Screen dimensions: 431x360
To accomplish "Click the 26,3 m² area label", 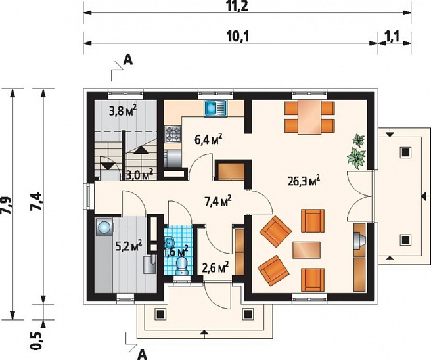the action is tap(304, 181).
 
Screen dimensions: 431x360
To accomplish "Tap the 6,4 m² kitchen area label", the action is tap(209, 139).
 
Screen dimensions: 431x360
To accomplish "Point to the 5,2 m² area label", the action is tap(129, 245).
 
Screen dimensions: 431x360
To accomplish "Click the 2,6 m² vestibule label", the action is tap(215, 267).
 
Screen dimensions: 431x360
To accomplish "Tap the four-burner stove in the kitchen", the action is tap(173, 134).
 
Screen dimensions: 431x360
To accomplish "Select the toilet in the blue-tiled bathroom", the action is tap(182, 265).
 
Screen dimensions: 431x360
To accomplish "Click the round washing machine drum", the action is tap(104, 227).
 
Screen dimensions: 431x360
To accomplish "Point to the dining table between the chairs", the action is tap(310, 117).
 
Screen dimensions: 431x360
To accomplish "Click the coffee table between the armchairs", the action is tap(306, 250).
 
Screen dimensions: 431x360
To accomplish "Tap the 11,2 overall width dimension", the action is tap(238, 6).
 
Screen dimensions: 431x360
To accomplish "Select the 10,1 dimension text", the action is tap(238, 36).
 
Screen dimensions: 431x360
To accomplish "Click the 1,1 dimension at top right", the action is tap(392, 36).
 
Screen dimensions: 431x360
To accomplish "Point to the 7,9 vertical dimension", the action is tap(7, 205).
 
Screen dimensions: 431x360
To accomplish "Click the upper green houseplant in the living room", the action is tap(359, 140).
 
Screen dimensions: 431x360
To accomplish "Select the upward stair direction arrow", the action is tap(140, 150).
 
